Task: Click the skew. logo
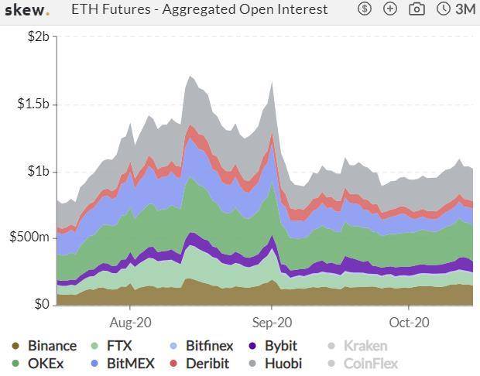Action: [27, 10]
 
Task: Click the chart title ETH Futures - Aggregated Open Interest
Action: [200, 10]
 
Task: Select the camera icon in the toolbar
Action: [417, 9]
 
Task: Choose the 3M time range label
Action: [465, 9]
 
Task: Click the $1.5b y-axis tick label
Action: [32, 104]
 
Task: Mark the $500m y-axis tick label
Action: [29, 237]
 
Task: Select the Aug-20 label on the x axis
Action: [130, 322]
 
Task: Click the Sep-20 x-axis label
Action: [273, 322]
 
